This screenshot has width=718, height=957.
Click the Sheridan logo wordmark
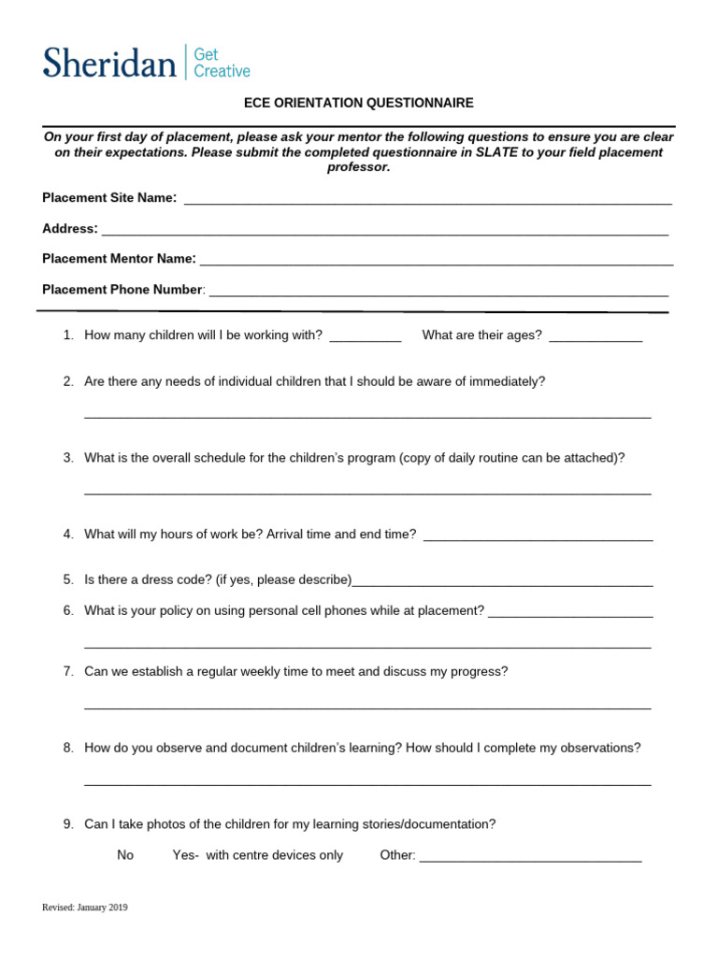(x=109, y=63)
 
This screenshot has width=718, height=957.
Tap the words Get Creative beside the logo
(x=222, y=63)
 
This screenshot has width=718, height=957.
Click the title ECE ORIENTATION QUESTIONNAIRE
(x=358, y=103)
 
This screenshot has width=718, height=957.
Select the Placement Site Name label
(x=109, y=197)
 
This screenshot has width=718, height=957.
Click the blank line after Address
(x=384, y=230)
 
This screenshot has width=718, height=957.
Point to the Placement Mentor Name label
(x=119, y=258)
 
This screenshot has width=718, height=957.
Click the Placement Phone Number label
(x=122, y=290)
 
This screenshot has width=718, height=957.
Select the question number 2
(x=68, y=381)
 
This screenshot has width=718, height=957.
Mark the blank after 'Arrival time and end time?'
(x=538, y=536)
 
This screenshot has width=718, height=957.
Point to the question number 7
(x=68, y=671)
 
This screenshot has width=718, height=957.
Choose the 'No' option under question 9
(x=125, y=855)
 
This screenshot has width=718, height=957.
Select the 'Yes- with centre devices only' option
(x=258, y=855)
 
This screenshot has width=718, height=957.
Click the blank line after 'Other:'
(x=530, y=858)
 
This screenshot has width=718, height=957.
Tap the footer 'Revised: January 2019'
(x=85, y=907)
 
